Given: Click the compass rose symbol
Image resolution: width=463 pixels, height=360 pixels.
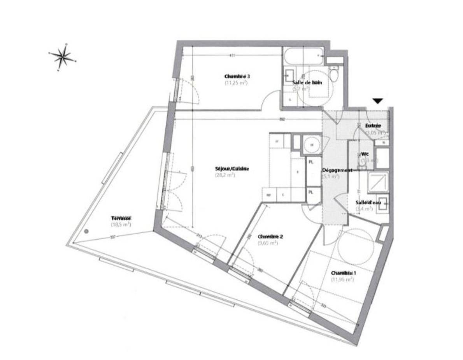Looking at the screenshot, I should (x=62, y=57).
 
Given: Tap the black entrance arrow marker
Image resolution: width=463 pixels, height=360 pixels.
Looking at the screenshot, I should (x=377, y=101).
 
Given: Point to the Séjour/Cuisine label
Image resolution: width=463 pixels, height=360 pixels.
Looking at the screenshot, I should (x=231, y=169).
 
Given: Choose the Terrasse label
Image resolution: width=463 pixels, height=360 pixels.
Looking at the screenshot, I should (x=121, y=218).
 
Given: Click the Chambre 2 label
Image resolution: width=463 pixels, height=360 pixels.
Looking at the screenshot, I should (x=270, y=237).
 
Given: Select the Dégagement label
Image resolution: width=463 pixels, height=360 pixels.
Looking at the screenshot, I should (x=337, y=170).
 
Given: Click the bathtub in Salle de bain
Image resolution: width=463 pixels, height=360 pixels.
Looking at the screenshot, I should (x=303, y=56).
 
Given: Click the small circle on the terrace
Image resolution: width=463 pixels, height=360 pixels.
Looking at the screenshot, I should (x=86, y=231).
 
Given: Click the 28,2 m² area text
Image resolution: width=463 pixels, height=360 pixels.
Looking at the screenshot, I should (x=225, y=175).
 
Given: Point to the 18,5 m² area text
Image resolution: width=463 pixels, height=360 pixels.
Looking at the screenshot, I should (x=121, y=225).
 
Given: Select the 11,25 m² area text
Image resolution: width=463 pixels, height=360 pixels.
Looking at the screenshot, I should (x=236, y=83).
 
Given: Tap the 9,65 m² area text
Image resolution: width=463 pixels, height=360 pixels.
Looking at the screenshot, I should (x=268, y=243).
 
